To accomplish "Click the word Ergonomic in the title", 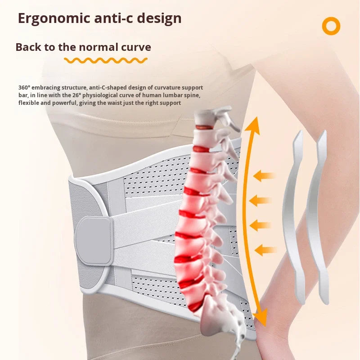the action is [54, 19].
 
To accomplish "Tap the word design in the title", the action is [159, 19].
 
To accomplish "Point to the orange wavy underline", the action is [106, 61].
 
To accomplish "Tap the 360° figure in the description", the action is [24, 87].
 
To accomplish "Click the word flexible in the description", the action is [29, 103].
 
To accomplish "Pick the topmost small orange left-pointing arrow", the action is [264, 176].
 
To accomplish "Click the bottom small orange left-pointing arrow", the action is [265, 250].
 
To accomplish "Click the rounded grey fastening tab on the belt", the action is [94, 241].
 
